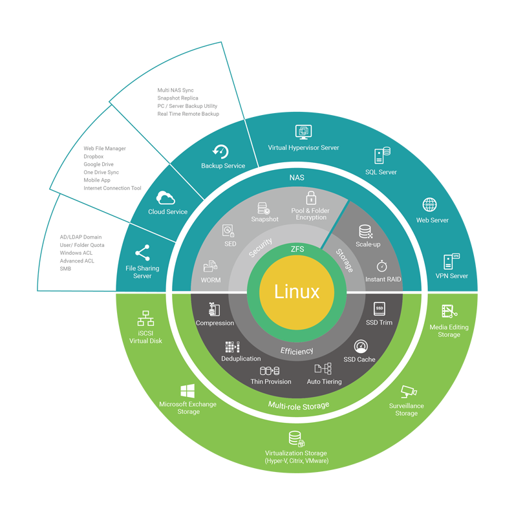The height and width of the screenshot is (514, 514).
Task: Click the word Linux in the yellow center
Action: pyautogui.click(x=297, y=292)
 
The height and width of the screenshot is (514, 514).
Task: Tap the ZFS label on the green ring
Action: pyautogui.click(x=297, y=249)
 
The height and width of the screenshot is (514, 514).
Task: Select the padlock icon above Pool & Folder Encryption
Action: pyautogui.click(x=311, y=198)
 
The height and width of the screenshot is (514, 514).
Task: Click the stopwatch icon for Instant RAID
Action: pyautogui.click(x=381, y=266)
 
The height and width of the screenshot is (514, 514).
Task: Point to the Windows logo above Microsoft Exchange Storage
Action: pyautogui.click(x=187, y=391)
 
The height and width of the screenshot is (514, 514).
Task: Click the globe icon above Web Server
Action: pyautogui.click(x=430, y=205)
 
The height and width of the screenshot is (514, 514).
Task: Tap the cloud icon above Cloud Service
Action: pyautogui.click(x=166, y=198)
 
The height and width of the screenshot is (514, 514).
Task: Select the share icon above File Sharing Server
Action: pyautogui.click(x=142, y=253)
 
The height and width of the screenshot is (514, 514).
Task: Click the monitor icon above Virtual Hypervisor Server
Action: pyautogui.click(x=303, y=133)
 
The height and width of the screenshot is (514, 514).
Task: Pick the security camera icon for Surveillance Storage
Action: pyautogui.click(x=408, y=392)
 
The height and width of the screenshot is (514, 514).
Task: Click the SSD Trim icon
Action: pyautogui.click(x=380, y=309)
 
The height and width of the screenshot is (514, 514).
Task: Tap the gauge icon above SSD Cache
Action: pyautogui.click(x=360, y=347)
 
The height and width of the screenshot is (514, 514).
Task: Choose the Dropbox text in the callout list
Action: pyautogui.click(x=93, y=156)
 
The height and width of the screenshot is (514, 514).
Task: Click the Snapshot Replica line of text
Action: pyautogui.click(x=178, y=98)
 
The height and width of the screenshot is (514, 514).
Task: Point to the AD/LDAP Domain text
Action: pyautogui.click(x=81, y=237)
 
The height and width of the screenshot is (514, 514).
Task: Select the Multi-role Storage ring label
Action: pyautogui.click(x=298, y=405)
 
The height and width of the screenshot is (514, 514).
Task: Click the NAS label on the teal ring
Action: pyautogui.click(x=297, y=177)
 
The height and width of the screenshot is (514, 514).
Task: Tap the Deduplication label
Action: pyautogui.click(x=241, y=359)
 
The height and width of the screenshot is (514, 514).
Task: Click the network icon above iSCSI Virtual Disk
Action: pyautogui.click(x=145, y=319)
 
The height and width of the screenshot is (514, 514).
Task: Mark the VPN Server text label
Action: pyautogui.click(x=451, y=276)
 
